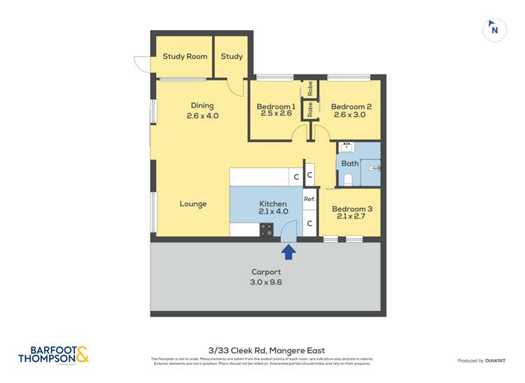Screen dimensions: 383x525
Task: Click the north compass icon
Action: (x=495, y=29)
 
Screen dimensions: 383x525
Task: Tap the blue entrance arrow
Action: (x=288, y=251)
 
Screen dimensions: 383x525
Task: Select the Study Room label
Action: (x=185, y=57)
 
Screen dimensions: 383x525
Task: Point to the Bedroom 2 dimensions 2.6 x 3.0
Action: (x=349, y=115)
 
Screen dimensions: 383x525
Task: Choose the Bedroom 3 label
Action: (x=351, y=209)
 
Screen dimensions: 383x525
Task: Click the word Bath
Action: (x=350, y=164)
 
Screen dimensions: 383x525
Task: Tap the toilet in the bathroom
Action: (x=348, y=179)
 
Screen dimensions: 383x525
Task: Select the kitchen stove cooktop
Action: (x=267, y=228)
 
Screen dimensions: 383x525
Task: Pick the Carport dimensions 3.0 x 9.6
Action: (x=266, y=282)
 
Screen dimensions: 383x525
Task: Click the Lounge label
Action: (x=193, y=204)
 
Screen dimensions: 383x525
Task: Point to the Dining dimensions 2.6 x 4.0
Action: (x=203, y=116)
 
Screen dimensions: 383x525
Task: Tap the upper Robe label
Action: (x=309, y=89)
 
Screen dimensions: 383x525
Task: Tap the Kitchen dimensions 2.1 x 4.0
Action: (x=273, y=211)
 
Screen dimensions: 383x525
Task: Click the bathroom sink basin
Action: (x=346, y=148)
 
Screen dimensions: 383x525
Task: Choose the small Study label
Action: (x=232, y=57)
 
